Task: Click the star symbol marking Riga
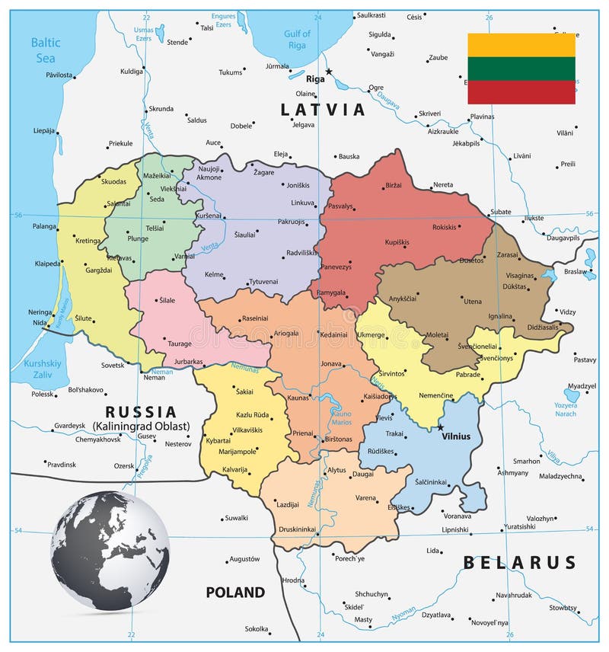coord(329,72)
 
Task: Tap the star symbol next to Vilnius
coord(439,427)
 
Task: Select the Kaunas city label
coord(299,398)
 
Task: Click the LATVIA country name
coord(324,110)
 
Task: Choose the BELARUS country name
coord(520,562)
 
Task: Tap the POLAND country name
coord(235,592)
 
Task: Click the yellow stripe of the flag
coord(521,45)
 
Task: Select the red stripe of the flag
coord(521,92)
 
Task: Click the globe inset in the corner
coord(110,550)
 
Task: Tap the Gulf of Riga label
coord(297,40)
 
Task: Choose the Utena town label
coord(472,301)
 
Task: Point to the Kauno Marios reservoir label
coord(341,419)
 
